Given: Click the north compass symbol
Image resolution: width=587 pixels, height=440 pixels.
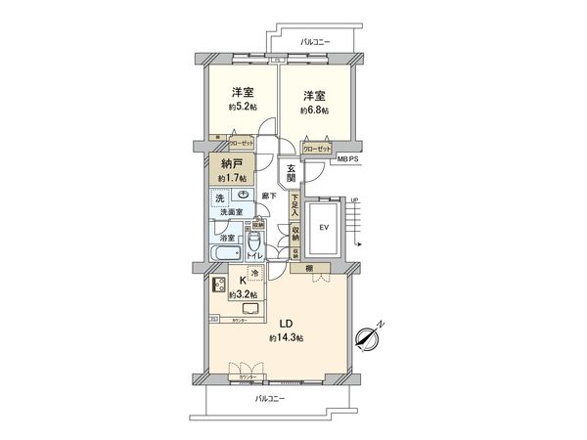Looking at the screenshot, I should click(368, 337).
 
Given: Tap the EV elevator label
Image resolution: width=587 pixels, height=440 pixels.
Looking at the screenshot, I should click(322, 230).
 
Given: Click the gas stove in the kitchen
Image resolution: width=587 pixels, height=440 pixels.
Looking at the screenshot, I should click(213, 287).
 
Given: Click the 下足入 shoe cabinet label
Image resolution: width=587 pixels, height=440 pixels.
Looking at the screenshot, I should click(293, 206).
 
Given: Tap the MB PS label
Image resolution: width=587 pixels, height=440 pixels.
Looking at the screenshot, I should click(346, 156).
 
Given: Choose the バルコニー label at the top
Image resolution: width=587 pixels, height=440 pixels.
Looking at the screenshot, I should click(315, 42).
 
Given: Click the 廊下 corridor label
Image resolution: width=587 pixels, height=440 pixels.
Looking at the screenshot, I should click(271, 197).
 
